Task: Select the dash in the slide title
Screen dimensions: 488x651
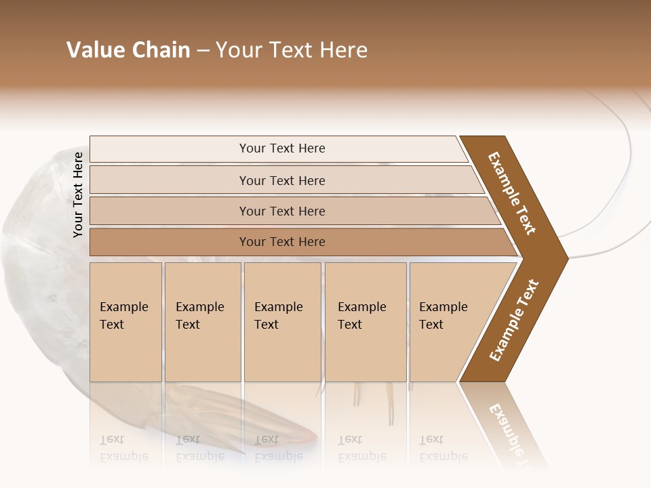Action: coord(203,51)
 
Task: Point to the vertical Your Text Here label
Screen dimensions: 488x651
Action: coord(78,195)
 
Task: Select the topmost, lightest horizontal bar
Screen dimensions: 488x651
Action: coord(281,148)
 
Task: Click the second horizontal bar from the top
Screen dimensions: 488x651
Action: coord(281,180)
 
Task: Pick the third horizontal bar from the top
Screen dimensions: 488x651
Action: coord(281,211)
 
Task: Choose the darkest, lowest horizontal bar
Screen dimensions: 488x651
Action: coord(281,242)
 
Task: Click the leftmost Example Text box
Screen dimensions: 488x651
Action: coord(125,322)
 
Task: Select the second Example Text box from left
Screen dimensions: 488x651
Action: coord(202,322)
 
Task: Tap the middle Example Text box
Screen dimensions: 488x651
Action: coord(282,322)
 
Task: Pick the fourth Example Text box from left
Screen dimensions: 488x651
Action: coord(366,322)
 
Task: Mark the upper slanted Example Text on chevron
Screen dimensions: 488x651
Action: coord(512,193)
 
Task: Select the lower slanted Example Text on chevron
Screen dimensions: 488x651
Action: coord(514,321)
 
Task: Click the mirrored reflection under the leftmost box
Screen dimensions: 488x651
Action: coord(125,447)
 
